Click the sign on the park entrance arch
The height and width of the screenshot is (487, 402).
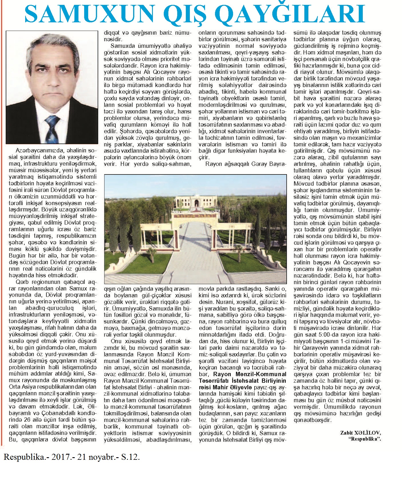pos(196,215)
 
